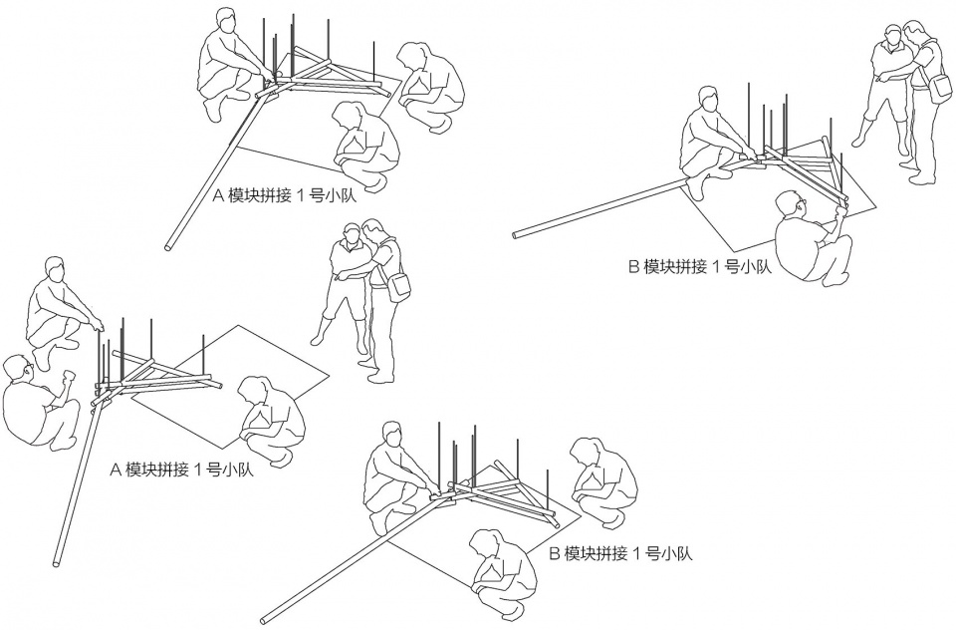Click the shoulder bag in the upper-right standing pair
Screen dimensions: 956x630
941,89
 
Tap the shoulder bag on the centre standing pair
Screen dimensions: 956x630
398,286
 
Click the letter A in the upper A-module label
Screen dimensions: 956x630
218,196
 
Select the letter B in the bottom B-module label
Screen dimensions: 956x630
555,554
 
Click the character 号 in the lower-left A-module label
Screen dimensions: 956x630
213,470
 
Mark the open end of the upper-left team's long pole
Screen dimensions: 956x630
169,246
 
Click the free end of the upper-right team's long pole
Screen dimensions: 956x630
517,234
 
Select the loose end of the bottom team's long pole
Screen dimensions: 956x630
263,621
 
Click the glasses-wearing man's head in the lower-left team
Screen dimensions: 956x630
18,371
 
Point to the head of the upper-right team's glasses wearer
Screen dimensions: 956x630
791,205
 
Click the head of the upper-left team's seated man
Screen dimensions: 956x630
226,23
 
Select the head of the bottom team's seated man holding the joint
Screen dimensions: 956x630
393,437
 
